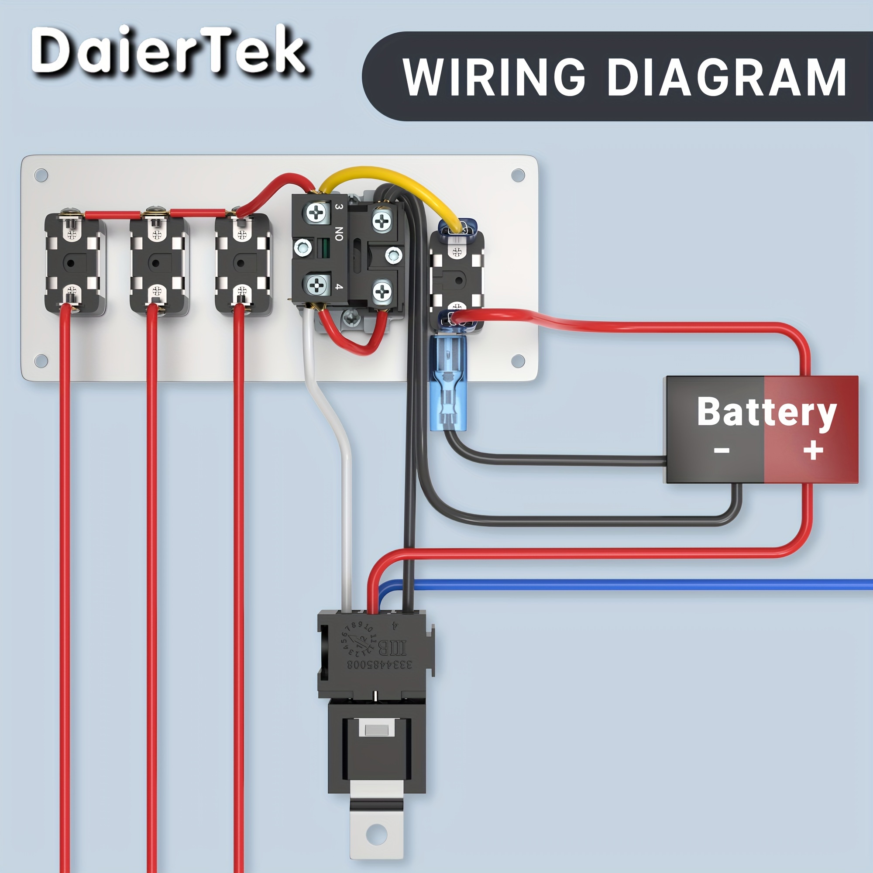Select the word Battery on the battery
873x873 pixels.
click(766, 412)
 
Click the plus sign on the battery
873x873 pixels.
click(813, 450)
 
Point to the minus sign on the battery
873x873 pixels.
click(722, 450)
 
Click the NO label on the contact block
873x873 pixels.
click(339, 234)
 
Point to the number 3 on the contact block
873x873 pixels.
click(338, 206)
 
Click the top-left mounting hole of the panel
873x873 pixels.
click(41, 175)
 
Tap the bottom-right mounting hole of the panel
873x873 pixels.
click(518, 361)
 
